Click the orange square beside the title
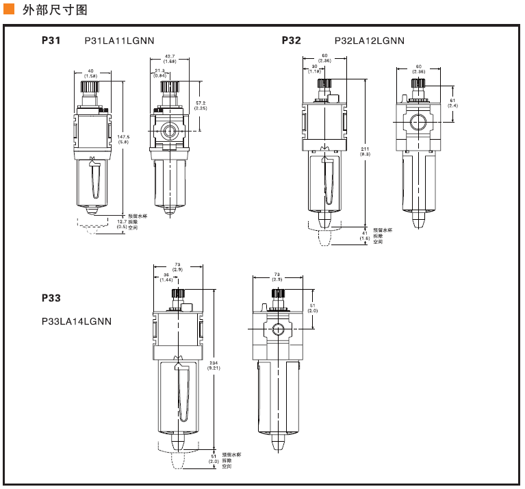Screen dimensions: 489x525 pyautogui.click(x=9, y=10)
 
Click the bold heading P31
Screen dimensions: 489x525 pyautogui.click(x=51, y=40)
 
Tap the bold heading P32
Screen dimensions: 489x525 pyautogui.click(x=291, y=40)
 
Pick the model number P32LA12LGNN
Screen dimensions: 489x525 pyautogui.click(x=369, y=40)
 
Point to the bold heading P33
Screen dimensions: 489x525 pyautogui.click(x=51, y=298)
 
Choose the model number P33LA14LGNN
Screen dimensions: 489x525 pyautogui.click(x=76, y=321)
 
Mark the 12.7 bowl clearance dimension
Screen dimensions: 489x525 pyautogui.click(x=121, y=223)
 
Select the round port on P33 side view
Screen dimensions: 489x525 pyautogui.click(x=279, y=329)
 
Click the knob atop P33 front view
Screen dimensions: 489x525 pyautogui.click(x=178, y=294)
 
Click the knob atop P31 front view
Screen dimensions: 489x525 pyautogui.click(x=90, y=87)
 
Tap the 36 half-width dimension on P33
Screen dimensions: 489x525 pyautogui.click(x=166, y=277)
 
